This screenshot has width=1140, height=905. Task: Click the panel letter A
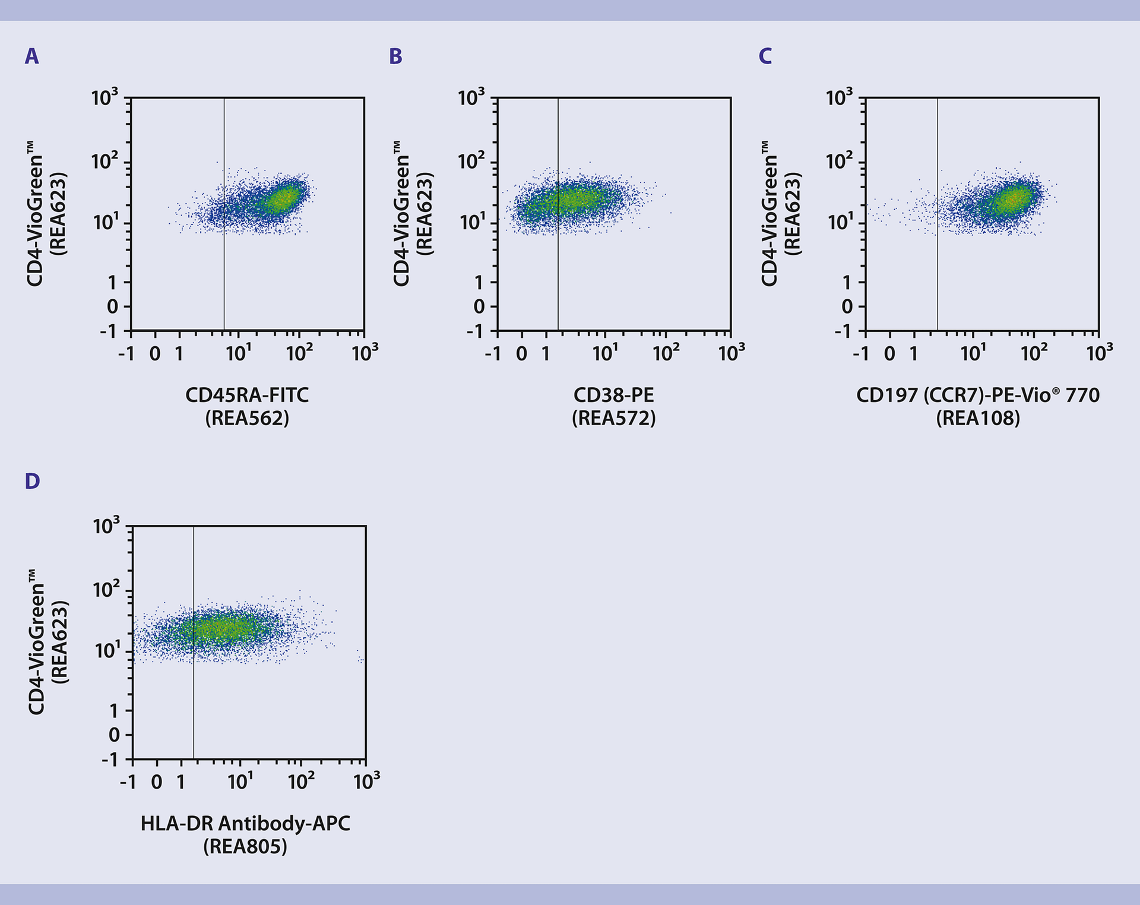[x=31, y=56]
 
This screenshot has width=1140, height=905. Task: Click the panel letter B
[x=395, y=56]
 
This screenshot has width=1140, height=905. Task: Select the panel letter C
[x=765, y=56]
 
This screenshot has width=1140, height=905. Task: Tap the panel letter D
[x=32, y=481]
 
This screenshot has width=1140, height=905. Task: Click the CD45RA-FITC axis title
[x=247, y=395]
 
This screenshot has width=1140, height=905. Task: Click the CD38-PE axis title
[x=613, y=395]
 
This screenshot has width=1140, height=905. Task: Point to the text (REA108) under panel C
[x=978, y=418]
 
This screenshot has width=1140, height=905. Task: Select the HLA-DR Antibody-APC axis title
[x=245, y=823]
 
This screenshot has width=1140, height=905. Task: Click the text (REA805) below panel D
[x=245, y=846]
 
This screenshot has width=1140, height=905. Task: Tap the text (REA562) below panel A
[x=247, y=418]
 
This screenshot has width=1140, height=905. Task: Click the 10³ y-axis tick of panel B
[x=471, y=97]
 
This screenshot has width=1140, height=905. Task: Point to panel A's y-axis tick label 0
[x=112, y=306]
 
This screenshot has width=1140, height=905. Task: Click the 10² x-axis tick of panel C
[x=1034, y=353]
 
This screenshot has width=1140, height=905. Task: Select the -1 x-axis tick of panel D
[x=128, y=781]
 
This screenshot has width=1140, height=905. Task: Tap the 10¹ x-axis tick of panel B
[x=606, y=353]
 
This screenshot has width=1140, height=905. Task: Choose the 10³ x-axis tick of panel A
[x=365, y=352]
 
